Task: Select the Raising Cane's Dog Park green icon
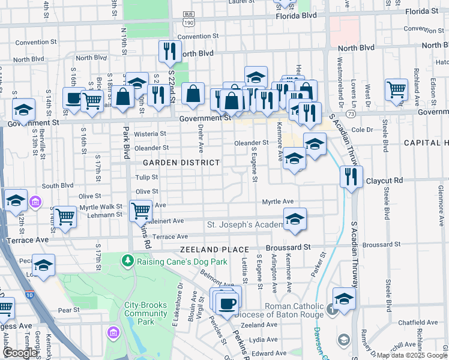[127, 260]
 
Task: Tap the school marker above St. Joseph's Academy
[295, 220]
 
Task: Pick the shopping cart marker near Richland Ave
[397, 91]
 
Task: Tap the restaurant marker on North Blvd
[170, 52]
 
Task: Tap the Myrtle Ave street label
[277, 202]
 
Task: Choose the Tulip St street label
[146, 178]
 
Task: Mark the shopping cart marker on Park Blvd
[140, 211]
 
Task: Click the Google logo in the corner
[20, 353]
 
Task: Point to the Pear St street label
[68, 310]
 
